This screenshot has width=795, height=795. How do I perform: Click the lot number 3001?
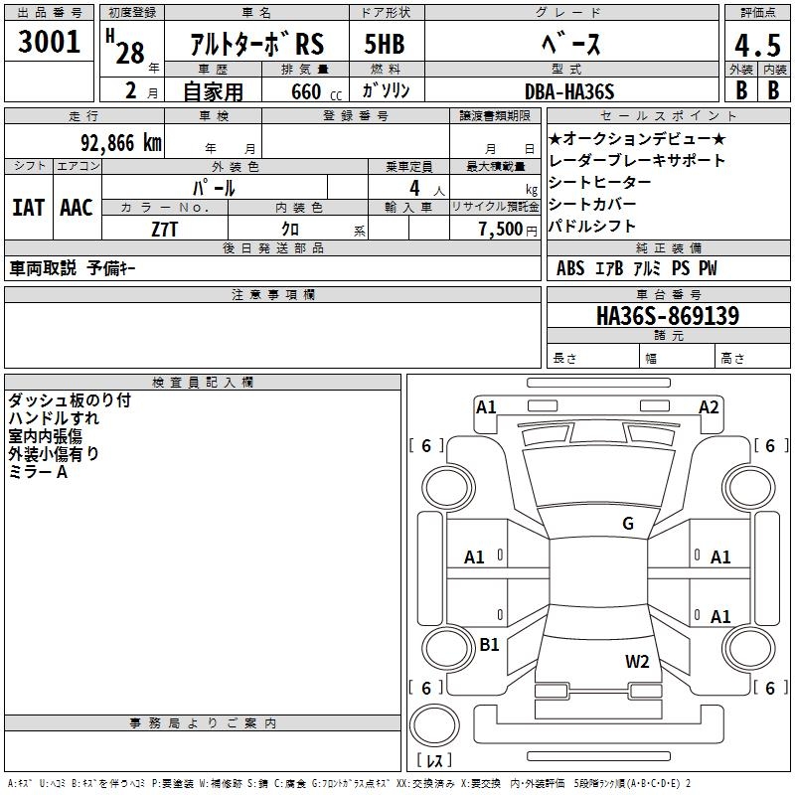coord(49,42)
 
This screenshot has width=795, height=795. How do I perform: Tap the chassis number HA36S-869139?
coord(667,317)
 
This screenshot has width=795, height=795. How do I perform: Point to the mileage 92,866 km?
coord(113,142)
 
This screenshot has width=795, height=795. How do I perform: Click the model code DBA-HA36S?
coord(569,91)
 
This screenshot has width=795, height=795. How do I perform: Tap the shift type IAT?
coord(28,208)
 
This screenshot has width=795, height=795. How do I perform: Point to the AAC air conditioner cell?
coord(77,208)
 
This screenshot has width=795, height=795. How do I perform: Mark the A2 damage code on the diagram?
coord(709,406)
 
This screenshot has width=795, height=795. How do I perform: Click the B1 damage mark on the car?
coord(489,644)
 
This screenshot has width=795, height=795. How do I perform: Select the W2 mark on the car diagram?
coord(637,661)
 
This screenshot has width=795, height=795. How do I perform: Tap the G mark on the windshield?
coord(627,524)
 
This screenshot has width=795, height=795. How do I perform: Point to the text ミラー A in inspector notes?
coord(39,472)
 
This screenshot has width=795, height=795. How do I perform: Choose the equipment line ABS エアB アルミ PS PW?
coord(636,268)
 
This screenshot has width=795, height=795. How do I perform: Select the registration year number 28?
coord(130,53)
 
